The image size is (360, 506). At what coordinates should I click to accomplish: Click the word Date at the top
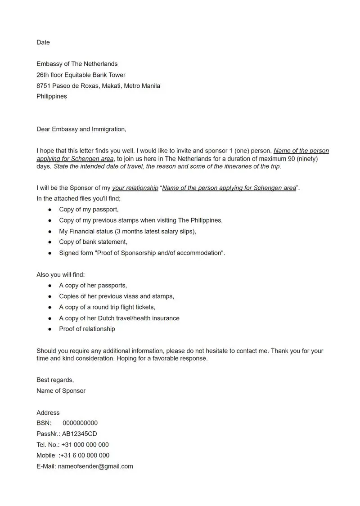coord(43,42)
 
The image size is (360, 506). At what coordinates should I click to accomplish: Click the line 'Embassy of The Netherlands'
coord(77,64)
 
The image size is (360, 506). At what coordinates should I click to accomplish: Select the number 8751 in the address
coord(45,85)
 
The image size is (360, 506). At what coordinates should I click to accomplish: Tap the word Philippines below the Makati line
coord(52,96)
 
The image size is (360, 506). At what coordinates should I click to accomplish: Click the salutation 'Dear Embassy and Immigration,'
coord(81,129)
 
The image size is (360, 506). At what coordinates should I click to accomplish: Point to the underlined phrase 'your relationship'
coord(135,188)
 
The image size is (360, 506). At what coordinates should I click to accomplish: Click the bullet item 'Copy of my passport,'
coord(89,209)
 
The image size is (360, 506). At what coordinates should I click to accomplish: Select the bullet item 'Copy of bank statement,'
coord(93,242)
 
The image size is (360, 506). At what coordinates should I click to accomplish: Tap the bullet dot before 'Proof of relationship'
coord(50,329)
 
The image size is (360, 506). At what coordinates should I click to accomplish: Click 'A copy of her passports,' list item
coord(93,285)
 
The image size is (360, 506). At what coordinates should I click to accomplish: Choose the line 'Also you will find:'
coord(61,274)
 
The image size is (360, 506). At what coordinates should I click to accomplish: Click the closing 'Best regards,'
coord(55,380)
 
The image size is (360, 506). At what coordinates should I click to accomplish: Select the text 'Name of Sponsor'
coord(61,390)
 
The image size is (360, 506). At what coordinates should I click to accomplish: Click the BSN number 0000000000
coord(80,423)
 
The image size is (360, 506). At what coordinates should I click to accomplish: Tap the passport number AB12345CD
coord(79,434)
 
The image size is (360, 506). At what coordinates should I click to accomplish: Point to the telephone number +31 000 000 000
coord(85,444)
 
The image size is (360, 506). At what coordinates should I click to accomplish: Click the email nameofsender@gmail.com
coord(95,466)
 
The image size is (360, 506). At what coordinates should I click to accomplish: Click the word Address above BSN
coord(48,412)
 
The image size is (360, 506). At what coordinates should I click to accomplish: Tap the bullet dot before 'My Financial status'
coord(50,231)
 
